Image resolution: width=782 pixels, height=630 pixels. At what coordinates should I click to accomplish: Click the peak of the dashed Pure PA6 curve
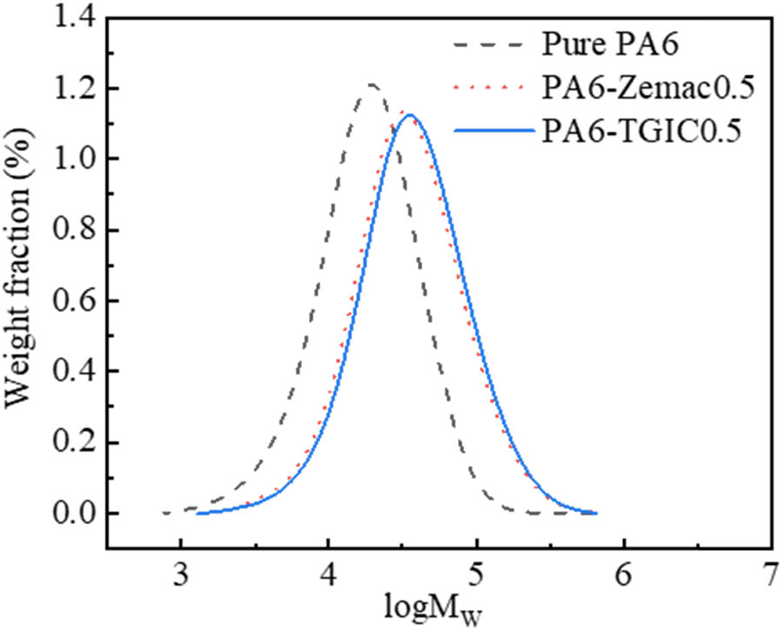(372, 85)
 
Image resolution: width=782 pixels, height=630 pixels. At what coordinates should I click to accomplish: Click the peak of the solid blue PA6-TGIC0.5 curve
(408, 115)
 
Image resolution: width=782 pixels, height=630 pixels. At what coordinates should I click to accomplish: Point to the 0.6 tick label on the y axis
(72, 302)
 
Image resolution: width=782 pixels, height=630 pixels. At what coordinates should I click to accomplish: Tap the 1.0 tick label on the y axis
(72, 159)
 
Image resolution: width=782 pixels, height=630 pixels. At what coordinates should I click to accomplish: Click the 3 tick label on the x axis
(180, 575)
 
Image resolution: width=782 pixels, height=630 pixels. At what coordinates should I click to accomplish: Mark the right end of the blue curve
(596, 513)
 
